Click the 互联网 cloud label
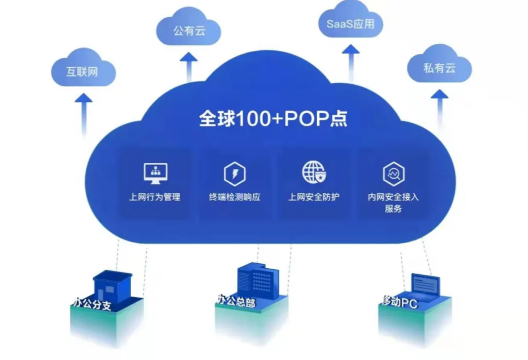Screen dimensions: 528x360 pos(82,72)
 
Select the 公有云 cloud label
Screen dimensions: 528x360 pos(189,31)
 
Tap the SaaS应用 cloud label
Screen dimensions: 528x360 pos(350,24)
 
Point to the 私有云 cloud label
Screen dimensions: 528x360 pos(439,68)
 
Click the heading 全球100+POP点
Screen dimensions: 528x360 pos(273,119)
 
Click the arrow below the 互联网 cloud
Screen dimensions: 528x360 pos(84,115)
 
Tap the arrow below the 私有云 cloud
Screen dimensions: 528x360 pos(440,109)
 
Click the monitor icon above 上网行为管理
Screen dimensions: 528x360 pos(155,173)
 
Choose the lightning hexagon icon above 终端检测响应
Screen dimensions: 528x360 pos(235,174)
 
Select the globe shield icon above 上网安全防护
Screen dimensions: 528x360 pos(314,172)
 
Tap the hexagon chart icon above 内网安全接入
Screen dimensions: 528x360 pos(394,174)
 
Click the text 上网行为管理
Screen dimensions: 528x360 pos(155,197)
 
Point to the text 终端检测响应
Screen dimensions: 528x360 pos(235,197)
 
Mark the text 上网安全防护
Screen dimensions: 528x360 pos(314,197)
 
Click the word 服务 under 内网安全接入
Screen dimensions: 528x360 pos(393,209)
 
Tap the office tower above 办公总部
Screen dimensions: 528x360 pos(258,281)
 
